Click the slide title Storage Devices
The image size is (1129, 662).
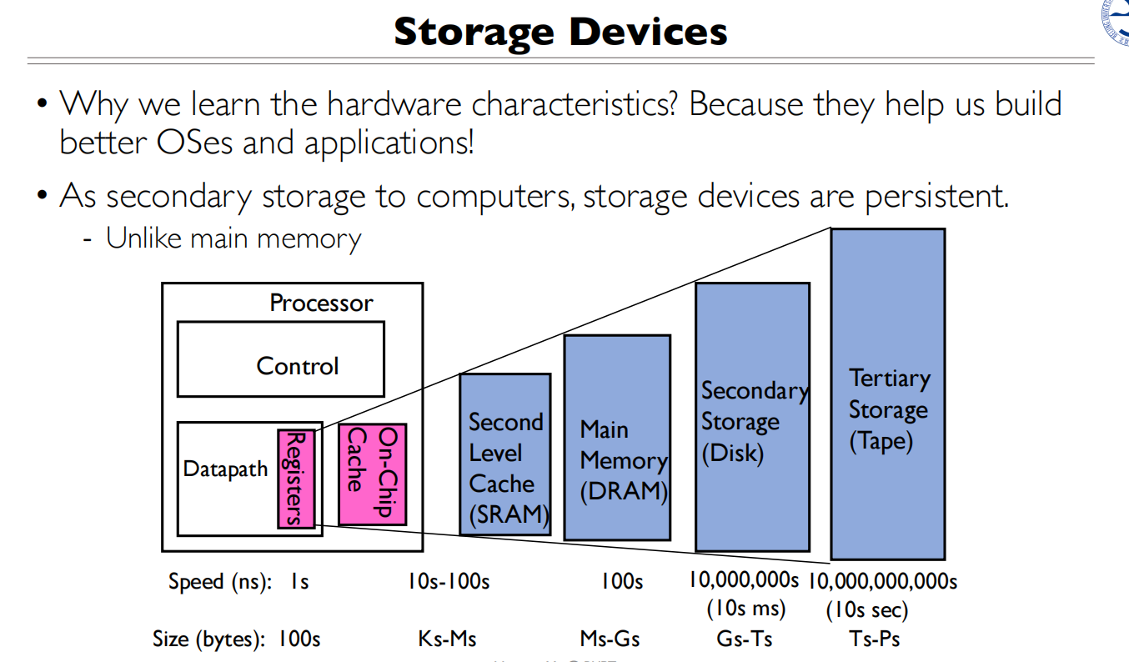pyautogui.click(x=560, y=32)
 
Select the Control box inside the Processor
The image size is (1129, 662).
pyautogui.click(x=280, y=359)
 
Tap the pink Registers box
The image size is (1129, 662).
pyautogui.click(x=296, y=479)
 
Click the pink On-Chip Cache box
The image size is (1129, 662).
pyautogui.click(x=372, y=473)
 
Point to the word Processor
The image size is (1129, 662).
pyautogui.click(x=321, y=303)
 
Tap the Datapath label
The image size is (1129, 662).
pyautogui.click(x=225, y=469)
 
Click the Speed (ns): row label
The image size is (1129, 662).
pyautogui.click(x=220, y=581)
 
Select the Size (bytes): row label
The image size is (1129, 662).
pyautogui.click(x=209, y=639)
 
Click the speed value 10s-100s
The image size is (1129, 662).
pyautogui.click(x=449, y=581)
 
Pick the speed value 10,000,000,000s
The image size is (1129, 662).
pyautogui.click(x=883, y=581)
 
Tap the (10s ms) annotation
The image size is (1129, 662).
pyautogui.click(x=745, y=609)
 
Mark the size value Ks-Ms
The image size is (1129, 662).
pyautogui.click(x=447, y=639)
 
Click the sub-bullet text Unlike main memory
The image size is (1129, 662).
pyautogui.click(x=233, y=238)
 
